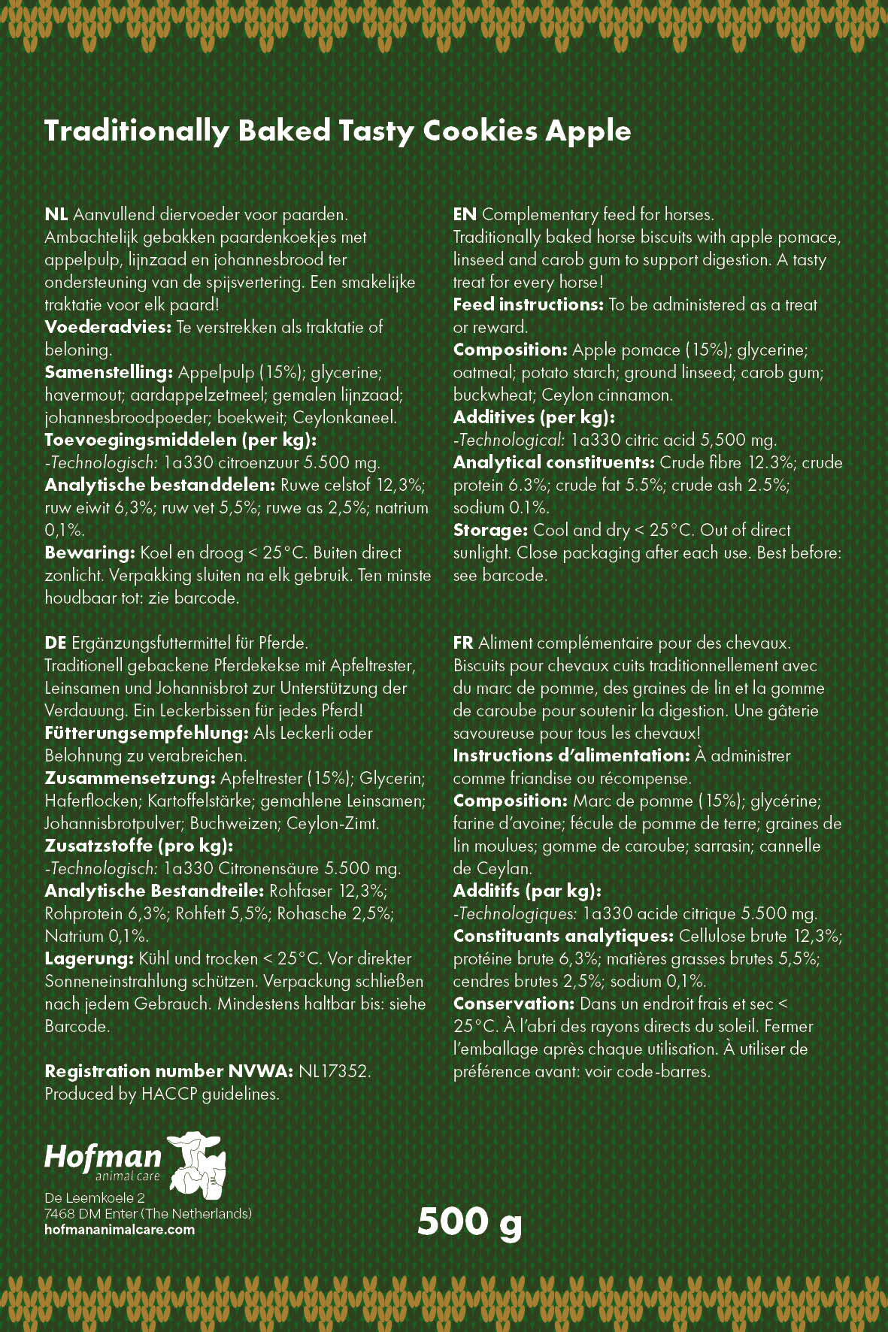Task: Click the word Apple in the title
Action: click(588, 132)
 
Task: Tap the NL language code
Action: click(56, 215)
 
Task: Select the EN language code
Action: click(464, 215)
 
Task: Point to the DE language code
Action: click(55, 643)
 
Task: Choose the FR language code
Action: click(462, 643)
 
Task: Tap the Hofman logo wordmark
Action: click(103, 1157)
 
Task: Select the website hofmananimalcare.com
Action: click(120, 1230)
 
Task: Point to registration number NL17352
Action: click(334, 1072)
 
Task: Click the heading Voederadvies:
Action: click(108, 328)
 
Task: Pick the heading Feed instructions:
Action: click(528, 305)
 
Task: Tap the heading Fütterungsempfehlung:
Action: click(146, 734)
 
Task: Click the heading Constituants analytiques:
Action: click(563, 937)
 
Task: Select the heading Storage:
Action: click(490, 531)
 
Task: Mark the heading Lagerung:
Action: click(89, 959)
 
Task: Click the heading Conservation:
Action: click(514, 1004)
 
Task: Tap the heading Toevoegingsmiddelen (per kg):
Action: click(180, 440)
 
